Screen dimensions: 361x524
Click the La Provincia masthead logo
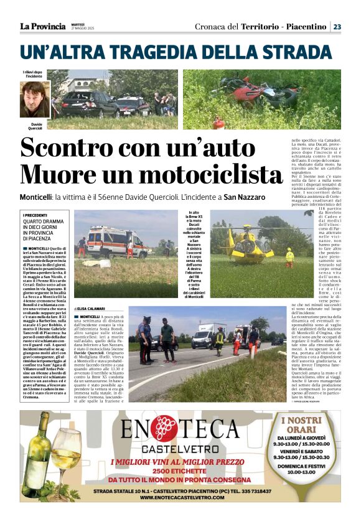click(42, 26)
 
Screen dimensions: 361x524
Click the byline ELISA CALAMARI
click(91, 309)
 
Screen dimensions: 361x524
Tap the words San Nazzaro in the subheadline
click(245, 197)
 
